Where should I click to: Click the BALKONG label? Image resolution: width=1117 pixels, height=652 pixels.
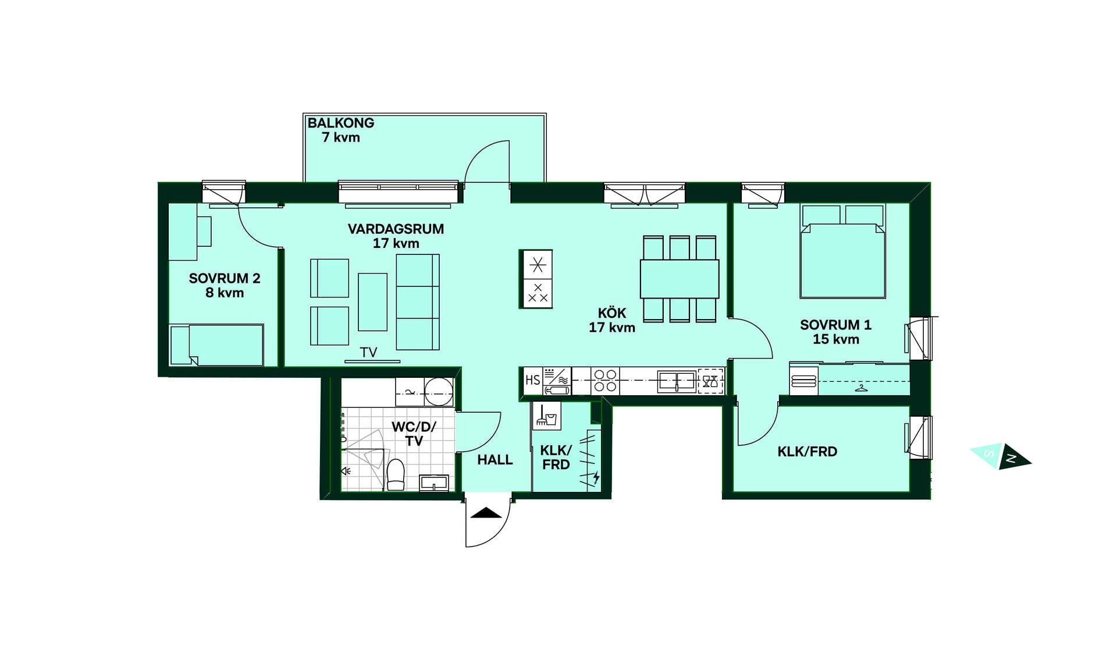click(340, 123)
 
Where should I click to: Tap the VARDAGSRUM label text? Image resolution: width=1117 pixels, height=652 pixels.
click(396, 229)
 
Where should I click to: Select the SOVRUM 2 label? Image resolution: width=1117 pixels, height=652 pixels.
click(225, 278)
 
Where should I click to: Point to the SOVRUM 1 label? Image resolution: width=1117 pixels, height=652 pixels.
click(835, 325)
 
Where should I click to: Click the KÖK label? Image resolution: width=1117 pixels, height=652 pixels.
click(612, 313)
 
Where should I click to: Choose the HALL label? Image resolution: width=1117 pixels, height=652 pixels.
click(495, 460)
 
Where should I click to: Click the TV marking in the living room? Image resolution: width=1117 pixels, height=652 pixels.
click(368, 352)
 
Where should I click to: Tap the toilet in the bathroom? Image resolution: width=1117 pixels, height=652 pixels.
click(396, 474)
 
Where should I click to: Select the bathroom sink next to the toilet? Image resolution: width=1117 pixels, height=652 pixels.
click(434, 483)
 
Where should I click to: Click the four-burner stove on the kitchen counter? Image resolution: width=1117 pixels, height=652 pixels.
click(605, 381)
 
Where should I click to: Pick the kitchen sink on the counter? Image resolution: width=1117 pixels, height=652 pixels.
click(677, 381)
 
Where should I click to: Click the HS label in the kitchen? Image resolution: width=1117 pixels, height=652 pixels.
click(532, 380)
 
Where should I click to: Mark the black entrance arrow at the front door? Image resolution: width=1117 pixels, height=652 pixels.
click(486, 513)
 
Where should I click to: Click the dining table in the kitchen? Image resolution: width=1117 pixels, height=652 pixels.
click(680, 279)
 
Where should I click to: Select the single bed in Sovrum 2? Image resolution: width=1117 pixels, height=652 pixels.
click(216, 345)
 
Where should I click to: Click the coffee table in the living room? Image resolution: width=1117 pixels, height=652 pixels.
click(372, 302)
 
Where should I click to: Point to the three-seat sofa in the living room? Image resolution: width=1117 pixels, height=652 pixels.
click(418, 302)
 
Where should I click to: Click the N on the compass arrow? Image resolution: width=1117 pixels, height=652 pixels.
click(1011, 459)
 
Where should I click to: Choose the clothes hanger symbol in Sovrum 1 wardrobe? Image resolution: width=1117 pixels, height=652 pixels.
click(861, 388)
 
